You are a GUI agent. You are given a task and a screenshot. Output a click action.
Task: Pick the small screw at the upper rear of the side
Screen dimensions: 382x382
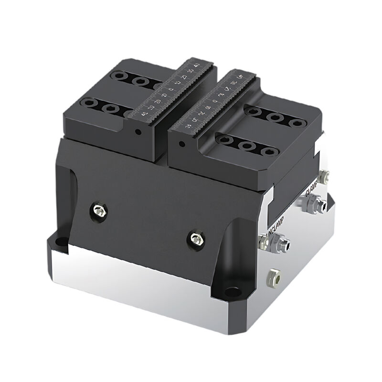point(326,177)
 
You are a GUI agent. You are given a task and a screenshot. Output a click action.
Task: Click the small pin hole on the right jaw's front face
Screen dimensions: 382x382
point(181,143)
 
